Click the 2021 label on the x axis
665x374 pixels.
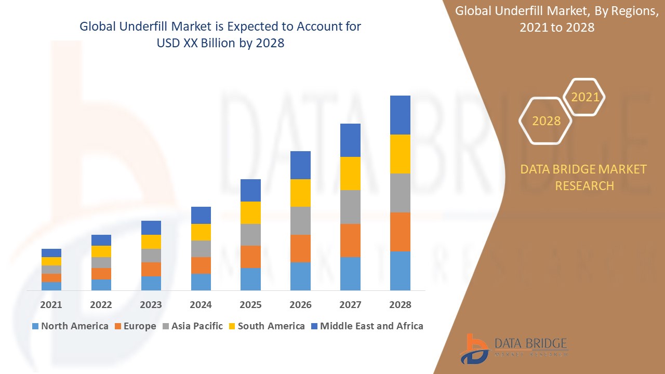coord(51,305)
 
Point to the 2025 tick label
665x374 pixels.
coord(250,305)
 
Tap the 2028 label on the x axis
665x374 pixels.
coord(400,305)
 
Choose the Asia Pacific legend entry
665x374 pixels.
coord(192,326)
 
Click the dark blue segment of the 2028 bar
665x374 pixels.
coord(400,115)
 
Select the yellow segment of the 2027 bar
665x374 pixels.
coord(350,173)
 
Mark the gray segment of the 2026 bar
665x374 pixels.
coord(300,221)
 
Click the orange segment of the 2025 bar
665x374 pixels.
coord(250,257)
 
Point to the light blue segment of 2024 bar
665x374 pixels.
coord(201,282)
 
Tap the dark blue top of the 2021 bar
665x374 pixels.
coord(51,253)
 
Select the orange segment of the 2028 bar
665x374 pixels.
coord(400,232)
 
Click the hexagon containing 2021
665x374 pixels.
coord(584,97)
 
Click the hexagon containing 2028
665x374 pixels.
coord(546,121)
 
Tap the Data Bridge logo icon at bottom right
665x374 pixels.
coord(474,349)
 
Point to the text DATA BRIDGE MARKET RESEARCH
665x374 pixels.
coord(584,177)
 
